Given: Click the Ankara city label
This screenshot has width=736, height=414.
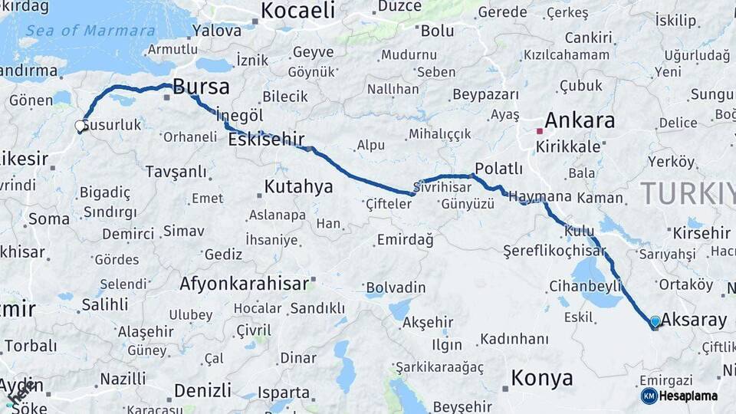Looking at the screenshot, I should tap(580, 120).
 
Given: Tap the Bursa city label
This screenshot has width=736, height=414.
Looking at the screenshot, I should tap(201, 86).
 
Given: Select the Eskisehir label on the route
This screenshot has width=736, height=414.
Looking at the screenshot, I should tap(266, 140).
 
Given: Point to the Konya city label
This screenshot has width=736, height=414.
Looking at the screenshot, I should tap(542, 378).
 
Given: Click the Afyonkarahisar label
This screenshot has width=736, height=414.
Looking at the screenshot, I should tap(245, 284).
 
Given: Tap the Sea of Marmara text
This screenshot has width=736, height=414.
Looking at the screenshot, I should tap(90, 31).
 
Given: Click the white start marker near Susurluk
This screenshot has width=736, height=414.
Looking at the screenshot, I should tap(80, 126).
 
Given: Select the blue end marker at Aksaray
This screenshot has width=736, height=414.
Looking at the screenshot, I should tap(655, 322).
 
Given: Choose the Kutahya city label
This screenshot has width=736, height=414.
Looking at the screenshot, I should tap(298, 186).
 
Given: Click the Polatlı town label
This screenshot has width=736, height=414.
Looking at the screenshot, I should tap(498, 169).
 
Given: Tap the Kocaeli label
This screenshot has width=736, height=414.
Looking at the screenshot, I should tap(298, 11).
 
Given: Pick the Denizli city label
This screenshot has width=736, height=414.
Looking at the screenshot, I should tap(202, 390).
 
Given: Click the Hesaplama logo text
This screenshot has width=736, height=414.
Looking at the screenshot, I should tap(688, 396).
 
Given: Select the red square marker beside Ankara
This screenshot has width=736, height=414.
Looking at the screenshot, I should tap(540, 131).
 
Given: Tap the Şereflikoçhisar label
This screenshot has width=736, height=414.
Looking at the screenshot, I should tap(554, 251).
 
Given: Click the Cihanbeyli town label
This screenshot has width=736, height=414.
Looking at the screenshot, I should tap(585, 286).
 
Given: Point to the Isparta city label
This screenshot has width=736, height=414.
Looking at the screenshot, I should tap(283, 393).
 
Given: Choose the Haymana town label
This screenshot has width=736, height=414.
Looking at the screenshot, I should tap(540, 196).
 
